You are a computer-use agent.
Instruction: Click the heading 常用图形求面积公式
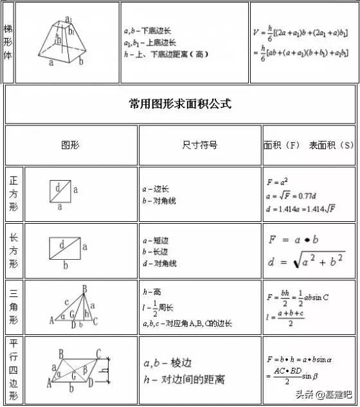[x=180, y=104]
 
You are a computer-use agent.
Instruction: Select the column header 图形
[x=70, y=145]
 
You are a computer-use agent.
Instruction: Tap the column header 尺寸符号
[x=200, y=145]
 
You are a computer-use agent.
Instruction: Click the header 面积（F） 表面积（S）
[x=309, y=145]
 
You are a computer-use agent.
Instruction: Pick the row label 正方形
[x=14, y=194]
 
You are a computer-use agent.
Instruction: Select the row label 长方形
[x=14, y=250]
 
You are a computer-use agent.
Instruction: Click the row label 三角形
[x=14, y=307]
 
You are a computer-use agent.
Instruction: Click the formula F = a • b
[x=294, y=239]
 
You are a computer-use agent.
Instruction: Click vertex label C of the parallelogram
[x=98, y=352]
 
